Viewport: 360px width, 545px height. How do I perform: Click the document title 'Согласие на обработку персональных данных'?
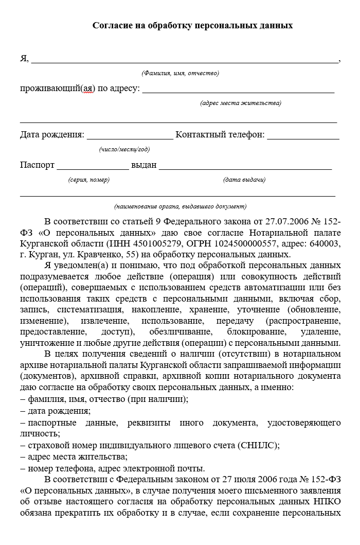(192, 25)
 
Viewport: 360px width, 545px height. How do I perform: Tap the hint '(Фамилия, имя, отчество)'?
(180, 73)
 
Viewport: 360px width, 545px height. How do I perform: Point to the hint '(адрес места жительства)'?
(241, 103)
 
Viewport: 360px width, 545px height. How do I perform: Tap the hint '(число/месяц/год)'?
(124, 149)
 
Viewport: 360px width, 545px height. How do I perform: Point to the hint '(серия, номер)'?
(88, 180)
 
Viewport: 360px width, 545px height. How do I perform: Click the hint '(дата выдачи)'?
(244, 180)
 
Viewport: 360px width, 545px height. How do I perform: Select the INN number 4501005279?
(147, 243)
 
